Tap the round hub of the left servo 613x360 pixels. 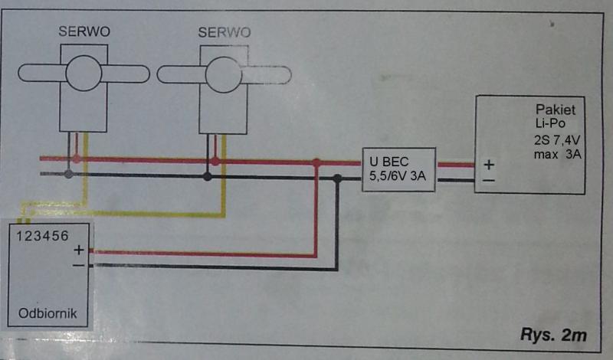84,74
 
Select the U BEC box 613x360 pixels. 398,169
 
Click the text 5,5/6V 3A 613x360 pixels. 397,178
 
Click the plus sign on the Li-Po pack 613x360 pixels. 487,164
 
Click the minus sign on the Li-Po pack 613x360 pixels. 487,180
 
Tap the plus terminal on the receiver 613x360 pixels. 78,250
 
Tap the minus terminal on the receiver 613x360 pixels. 78,265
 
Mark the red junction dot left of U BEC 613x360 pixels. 316,162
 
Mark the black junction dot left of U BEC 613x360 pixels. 338,178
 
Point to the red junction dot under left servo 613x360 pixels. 76,159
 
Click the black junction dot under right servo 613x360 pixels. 207,176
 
